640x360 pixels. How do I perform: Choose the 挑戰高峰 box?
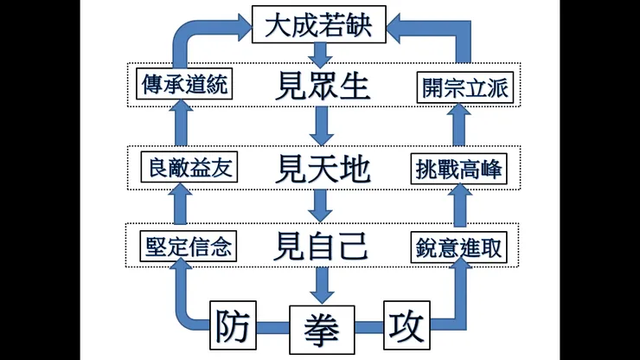click(x=458, y=167)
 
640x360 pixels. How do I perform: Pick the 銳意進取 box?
click(x=458, y=247)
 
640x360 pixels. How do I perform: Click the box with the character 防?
click(x=236, y=327)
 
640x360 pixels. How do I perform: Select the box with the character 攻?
click(x=405, y=327)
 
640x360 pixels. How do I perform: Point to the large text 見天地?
click(x=320, y=168)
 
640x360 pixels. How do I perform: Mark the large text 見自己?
click(x=320, y=247)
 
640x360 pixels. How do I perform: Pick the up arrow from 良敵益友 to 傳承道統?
click(x=179, y=126)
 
